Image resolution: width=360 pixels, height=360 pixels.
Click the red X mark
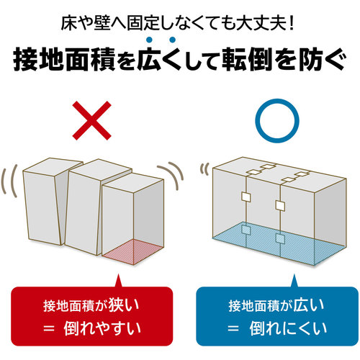coord(92,120)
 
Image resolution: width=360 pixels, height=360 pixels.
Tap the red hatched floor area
coord(134,251)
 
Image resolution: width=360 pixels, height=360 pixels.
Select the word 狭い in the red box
coord(124,305)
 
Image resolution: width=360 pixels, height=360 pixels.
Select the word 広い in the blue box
coord(309,305)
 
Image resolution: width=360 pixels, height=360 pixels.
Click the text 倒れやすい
coord(102,328)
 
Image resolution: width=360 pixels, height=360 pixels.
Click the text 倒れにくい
coord(288,328)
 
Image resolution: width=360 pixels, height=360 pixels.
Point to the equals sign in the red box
coord(49,328)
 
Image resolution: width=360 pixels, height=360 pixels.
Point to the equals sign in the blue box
coord(233,328)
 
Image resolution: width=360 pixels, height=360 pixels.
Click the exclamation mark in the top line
coord(292,24)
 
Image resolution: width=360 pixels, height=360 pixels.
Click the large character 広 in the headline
coord(150,58)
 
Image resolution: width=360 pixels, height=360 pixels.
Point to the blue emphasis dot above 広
coord(150,40)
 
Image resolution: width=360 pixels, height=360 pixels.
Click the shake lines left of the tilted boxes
coord(9,181)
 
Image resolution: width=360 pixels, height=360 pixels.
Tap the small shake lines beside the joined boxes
coord(204,168)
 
